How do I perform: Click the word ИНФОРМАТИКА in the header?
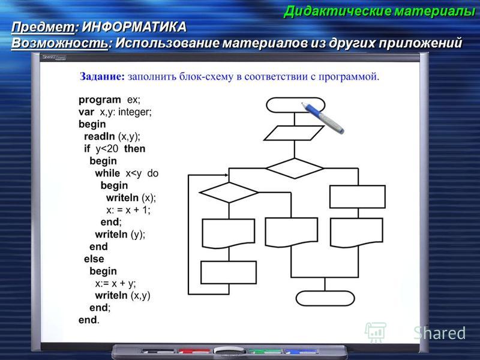134,27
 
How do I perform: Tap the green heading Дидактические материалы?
379,11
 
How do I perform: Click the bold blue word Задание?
102,77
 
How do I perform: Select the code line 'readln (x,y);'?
112,137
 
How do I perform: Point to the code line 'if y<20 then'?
115,149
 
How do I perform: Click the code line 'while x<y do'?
127,173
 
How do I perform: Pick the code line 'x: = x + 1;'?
128,210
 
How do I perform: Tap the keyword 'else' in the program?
94,259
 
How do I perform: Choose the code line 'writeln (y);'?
120,235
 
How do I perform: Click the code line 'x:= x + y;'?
115,283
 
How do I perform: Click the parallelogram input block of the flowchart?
294,133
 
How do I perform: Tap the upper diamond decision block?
295,169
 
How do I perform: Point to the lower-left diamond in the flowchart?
229,193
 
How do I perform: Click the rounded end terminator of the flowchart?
325,298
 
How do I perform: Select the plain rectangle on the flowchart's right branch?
358,197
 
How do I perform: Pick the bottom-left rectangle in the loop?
229,272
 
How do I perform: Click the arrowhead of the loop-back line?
226,175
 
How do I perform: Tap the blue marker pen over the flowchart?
322,118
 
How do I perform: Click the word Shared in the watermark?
439,333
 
